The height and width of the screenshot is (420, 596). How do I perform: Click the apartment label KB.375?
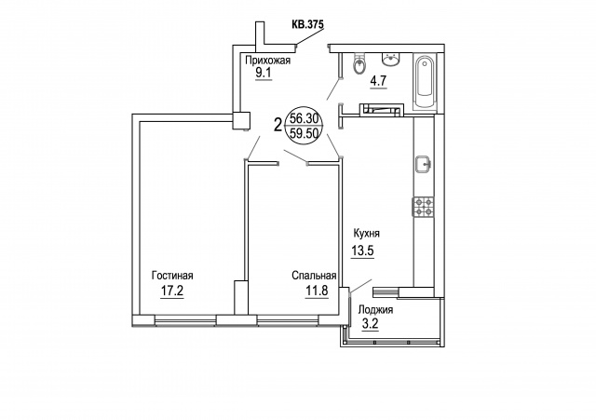click(x=307, y=24)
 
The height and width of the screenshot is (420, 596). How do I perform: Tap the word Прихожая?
click(x=268, y=61)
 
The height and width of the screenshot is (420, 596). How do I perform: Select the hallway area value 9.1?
click(x=263, y=73)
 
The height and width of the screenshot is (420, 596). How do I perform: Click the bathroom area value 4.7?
click(x=379, y=81)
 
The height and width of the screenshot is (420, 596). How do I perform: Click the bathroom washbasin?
click(x=390, y=60)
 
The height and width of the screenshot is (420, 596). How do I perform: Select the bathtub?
click(x=425, y=81)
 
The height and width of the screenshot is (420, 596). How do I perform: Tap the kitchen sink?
click(x=424, y=164)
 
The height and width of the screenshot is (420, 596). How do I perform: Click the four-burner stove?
click(x=424, y=208)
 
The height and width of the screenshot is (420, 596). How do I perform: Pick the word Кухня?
click(x=367, y=233)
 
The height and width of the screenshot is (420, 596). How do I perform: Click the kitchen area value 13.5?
click(x=362, y=251)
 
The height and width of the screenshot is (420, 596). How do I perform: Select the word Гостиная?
click(x=172, y=275)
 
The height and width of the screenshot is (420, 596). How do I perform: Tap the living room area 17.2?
click(x=172, y=291)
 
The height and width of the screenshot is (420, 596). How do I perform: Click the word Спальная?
click(x=314, y=275)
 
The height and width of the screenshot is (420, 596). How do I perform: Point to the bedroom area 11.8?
click(x=317, y=291)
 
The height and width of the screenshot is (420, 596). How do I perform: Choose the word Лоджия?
click(x=375, y=310)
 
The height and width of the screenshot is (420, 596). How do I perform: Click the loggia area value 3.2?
click(x=371, y=325)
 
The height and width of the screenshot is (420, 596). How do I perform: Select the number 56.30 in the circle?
click(x=304, y=118)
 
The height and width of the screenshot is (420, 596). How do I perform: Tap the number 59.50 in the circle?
click(x=304, y=133)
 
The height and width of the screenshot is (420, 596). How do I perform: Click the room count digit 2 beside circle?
click(x=278, y=124)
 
